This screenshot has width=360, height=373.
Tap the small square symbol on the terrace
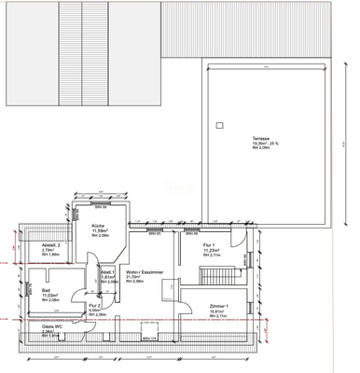(219, 124)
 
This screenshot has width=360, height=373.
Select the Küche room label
(97, 226)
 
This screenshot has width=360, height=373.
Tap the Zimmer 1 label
(220, 305)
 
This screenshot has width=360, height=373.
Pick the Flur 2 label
(94, 305)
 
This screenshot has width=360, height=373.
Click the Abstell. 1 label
(107, 271)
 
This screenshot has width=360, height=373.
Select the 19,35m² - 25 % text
(252, 143)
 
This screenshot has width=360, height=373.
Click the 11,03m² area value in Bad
(49, 296)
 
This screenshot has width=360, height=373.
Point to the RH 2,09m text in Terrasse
(247, 148)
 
